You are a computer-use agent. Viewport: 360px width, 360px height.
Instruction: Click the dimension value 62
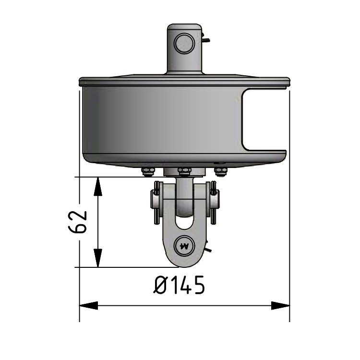pos(78,222)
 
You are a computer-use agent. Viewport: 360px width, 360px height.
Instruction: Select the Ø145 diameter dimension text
pos(180,285)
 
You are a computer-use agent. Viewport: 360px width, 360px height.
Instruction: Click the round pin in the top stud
pos(184,44)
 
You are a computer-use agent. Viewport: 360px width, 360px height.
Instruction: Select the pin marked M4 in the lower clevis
pos(184,245)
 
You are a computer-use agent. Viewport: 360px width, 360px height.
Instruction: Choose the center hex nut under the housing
pos(184,171)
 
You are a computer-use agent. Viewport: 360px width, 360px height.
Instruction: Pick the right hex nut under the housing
pos(220,171)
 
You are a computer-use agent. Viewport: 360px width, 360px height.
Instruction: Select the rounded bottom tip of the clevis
pos(184,264)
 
